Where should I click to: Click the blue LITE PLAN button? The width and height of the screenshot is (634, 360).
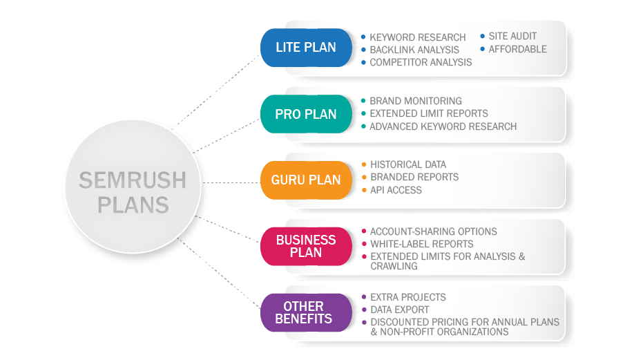306,47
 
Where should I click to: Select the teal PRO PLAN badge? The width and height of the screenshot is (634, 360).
306,114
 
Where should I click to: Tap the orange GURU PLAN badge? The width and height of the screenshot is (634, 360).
306,180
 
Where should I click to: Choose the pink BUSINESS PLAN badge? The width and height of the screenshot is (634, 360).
306,246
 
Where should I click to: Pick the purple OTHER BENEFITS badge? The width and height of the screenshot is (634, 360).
306,312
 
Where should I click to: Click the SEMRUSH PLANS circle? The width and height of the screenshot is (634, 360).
133,187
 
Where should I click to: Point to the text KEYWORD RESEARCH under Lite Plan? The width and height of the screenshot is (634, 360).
418,37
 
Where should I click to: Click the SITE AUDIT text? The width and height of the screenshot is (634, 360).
512,36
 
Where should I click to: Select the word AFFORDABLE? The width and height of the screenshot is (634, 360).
517,49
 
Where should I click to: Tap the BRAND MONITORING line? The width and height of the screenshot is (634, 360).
416,101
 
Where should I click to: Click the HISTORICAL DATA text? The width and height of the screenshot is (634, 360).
408,164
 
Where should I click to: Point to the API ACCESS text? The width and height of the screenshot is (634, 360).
396,190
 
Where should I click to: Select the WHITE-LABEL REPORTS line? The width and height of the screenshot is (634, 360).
422,244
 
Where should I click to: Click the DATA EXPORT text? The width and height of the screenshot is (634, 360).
399,310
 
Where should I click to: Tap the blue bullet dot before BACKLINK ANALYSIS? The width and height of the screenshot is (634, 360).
363,50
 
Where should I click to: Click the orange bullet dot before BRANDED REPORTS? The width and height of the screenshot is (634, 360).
364,177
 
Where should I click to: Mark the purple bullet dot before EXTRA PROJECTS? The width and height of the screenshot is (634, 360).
364,297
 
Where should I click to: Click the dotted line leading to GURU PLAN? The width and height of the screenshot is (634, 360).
231,183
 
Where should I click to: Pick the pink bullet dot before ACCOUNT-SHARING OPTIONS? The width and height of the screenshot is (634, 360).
364,231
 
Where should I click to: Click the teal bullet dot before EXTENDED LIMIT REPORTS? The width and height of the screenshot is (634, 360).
363,113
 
